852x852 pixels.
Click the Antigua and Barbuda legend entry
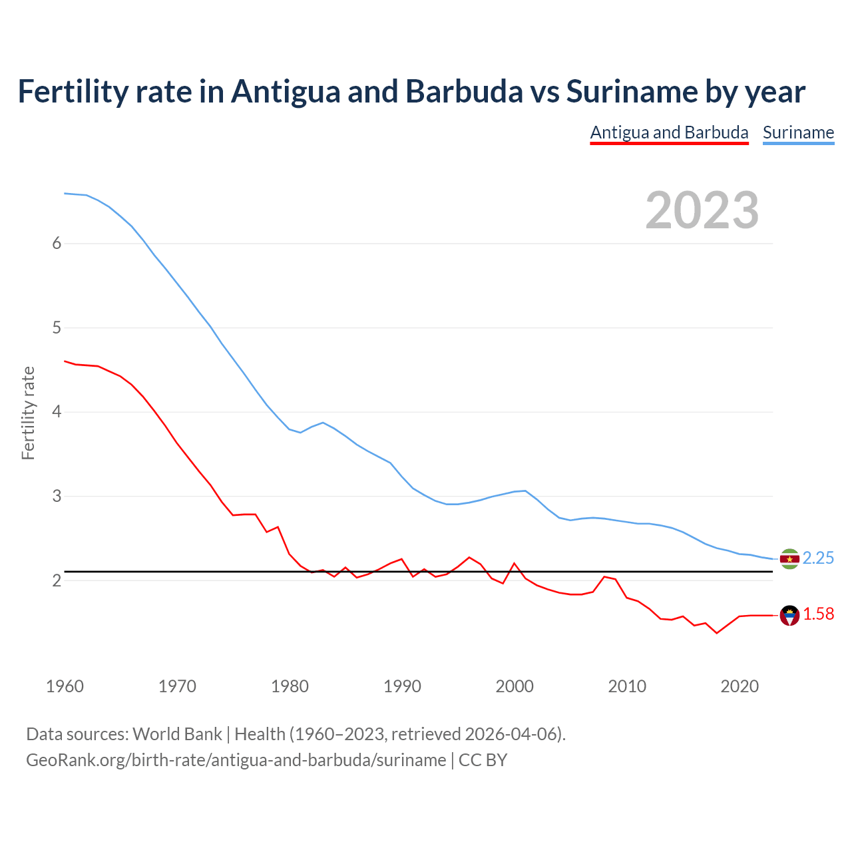coord(669,132)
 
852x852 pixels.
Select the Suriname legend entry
coord(798,132)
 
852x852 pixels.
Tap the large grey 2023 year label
coord(702,210)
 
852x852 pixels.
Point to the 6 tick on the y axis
coord(57,244)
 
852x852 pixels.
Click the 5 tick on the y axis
coord(57,328)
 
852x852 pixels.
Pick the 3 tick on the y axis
coord(57,497)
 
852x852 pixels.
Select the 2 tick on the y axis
coord(57,581)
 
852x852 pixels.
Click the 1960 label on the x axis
coord(65,686)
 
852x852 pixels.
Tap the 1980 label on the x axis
coord(290,686)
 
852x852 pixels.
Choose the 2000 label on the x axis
coord(515,686)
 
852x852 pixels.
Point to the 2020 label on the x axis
coord(740,686)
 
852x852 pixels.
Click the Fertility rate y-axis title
coord(28,413)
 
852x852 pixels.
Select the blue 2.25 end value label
coord(818,558)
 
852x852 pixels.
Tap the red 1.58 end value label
coord(818,614)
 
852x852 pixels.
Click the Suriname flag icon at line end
coord(789,559)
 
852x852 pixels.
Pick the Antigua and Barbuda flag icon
coord(789,616)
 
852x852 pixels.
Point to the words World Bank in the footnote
coord(177,734)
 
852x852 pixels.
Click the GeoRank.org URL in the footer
coord(236,760)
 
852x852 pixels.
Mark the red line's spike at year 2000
coord(514,564)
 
